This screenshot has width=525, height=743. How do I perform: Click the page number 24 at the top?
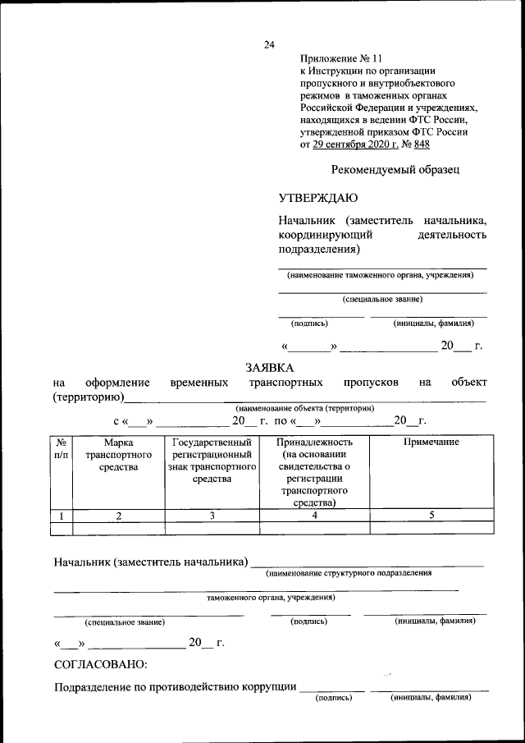(x=268, y=44)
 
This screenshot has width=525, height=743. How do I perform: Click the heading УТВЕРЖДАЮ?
(x=318, y=198)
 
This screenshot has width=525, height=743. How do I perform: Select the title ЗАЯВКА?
(x=270, y=367)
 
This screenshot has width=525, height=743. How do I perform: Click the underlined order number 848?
(x=422, y=144)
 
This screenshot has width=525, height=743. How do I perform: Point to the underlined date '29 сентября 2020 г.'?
(x=356, y=144)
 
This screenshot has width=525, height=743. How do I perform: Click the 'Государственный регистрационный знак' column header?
(x=212, y=461)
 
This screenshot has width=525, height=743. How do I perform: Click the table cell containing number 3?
(x=212, y=516)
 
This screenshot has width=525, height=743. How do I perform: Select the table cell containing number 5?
(x=431, y=516)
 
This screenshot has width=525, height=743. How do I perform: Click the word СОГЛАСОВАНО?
(x=100, y=663)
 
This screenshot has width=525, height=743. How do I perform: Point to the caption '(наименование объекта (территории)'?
(x=305, y=408)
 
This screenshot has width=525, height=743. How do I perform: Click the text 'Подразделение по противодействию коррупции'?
(x=175, y=688)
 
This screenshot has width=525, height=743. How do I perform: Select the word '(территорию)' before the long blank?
(x=88, y=397)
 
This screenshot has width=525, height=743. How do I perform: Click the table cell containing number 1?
(x=62, y=516)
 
